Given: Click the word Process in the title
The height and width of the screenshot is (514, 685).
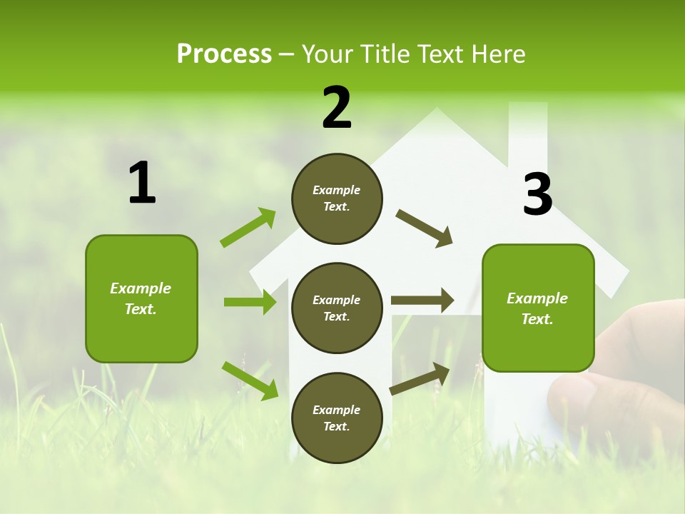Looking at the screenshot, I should pos(224,54).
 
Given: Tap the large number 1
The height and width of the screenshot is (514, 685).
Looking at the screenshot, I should pos(142,183).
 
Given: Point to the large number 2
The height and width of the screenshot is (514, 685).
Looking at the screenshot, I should pos(337,108).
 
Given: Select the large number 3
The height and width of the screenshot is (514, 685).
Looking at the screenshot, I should pos(537,195).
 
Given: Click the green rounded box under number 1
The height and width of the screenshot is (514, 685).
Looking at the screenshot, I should pos(141,298).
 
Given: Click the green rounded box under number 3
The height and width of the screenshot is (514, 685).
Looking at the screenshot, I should pos(538,308).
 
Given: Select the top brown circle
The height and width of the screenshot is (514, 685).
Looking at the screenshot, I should pos(337,198).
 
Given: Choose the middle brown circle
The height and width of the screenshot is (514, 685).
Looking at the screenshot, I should pos(337,308).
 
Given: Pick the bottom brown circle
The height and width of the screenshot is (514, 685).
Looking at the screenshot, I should pos(337,418).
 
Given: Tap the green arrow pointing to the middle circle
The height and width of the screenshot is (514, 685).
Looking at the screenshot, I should pos(250,302).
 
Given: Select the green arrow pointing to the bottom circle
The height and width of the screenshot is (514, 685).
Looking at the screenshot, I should pos(250,380).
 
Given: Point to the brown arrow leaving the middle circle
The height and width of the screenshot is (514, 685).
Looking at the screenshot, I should pos(422,300).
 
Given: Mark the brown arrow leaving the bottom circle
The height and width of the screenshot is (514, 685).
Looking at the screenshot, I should pos(420,379).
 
